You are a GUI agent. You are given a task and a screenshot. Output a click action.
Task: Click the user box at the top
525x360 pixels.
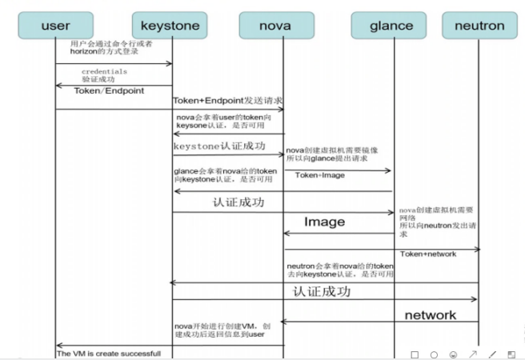click(x=55, y=25)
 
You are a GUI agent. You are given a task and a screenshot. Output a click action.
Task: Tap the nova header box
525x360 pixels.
click(x=275, y=25)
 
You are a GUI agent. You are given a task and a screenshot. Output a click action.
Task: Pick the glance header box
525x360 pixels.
click(x=391, y=25)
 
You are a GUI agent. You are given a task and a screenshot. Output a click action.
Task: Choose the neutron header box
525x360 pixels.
click(x=479, y=25)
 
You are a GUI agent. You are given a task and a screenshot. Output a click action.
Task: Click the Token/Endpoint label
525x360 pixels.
click(x=109, y=91)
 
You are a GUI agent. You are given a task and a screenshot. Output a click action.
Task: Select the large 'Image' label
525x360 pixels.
click(x=324, y=222)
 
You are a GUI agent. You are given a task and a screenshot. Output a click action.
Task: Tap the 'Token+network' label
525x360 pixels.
click(x=427, y=254)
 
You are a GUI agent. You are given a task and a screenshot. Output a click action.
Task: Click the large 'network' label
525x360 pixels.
click(x=431, y=314)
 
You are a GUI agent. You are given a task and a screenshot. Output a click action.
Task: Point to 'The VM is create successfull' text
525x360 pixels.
click(x=109, y=353)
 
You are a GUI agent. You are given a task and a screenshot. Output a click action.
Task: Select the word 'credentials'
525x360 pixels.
click(x=104, y=71)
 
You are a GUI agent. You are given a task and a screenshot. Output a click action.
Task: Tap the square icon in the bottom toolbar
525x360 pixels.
click(x=415, y=353)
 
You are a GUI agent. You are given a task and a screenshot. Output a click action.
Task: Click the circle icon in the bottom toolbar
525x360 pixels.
click(x=434, y=353)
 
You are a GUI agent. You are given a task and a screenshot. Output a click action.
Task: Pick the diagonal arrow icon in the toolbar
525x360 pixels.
click(x=472, y=353)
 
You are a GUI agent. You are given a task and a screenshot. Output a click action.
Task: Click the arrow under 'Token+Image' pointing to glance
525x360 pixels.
click(x=337, y=170)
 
